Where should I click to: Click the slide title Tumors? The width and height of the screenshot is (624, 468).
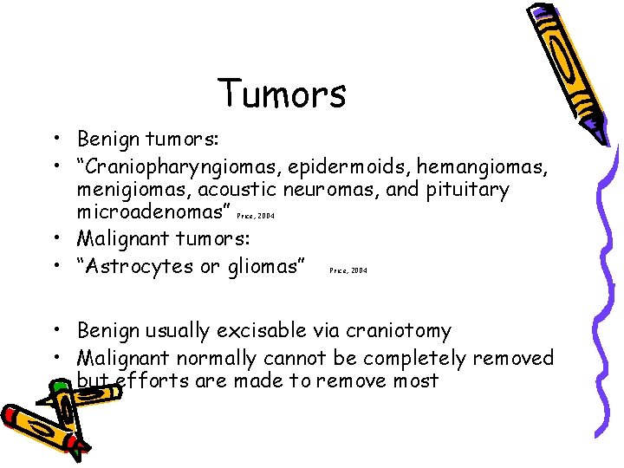coord(282,94)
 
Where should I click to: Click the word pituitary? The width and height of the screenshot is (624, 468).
coord(469,190)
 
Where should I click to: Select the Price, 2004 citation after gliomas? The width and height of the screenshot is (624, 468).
coord(348,270)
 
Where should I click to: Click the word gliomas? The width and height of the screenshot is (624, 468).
coord(263,266)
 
